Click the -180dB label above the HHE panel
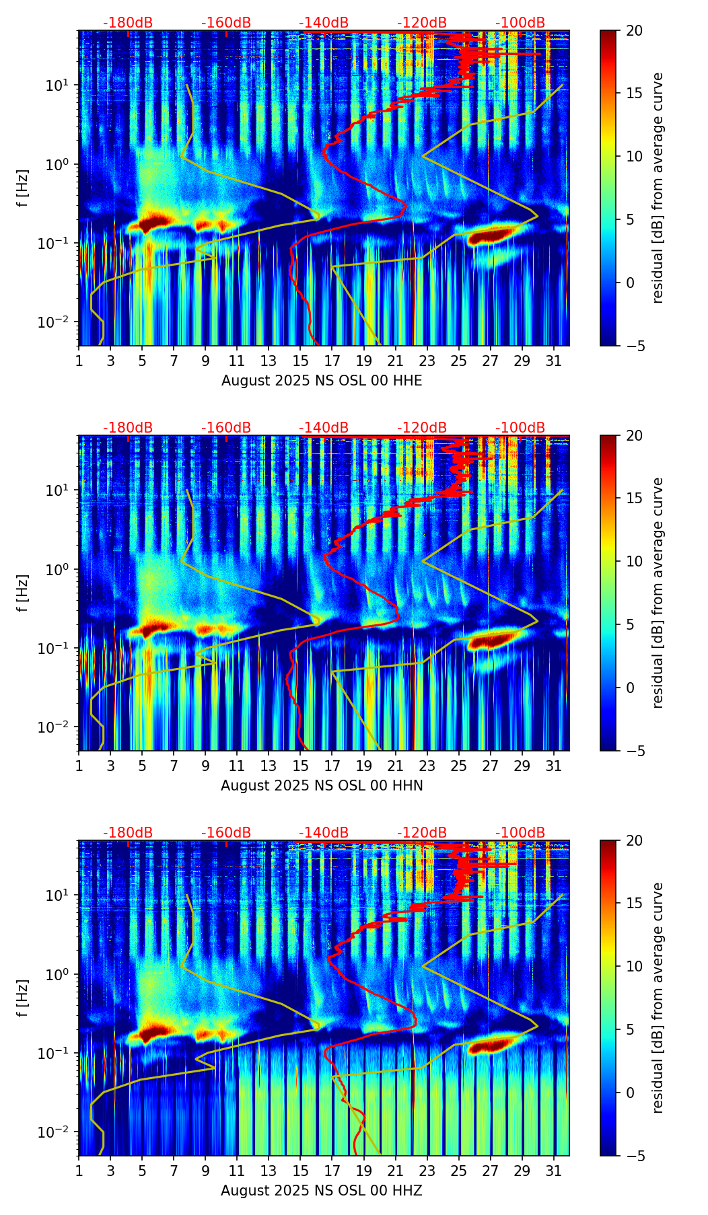(128, 23)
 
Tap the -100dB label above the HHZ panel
(520, 833)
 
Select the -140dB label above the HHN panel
(324, 428)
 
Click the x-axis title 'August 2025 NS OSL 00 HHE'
(322, 381)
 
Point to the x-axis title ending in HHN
(322, 786)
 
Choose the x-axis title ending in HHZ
(322, 1191)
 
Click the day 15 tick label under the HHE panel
(300, 360)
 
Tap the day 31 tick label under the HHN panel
(553, 765)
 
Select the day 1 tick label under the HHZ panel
(79, 1170)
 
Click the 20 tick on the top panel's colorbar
(635, 30)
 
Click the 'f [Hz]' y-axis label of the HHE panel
(23, 188)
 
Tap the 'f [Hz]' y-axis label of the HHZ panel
(23, 998)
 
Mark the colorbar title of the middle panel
(658, 593)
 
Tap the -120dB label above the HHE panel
(422, 23)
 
